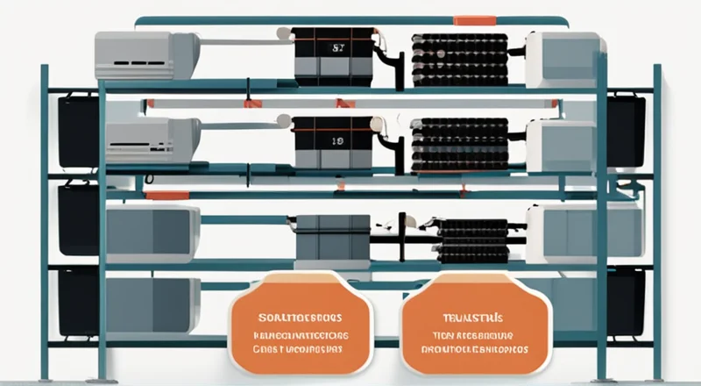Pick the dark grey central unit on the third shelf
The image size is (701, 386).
332,238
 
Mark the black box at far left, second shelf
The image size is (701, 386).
78,132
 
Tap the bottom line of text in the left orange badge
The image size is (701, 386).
299,349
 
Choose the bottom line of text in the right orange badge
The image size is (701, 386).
476,348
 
